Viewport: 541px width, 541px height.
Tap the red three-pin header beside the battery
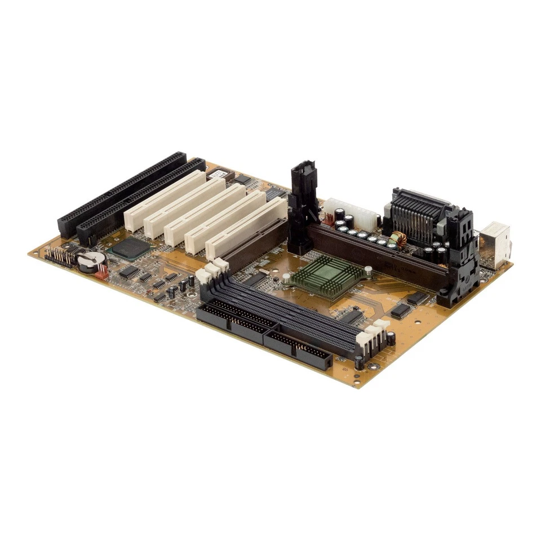point(101,272)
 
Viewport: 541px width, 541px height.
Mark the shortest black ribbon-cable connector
point(299,349)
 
